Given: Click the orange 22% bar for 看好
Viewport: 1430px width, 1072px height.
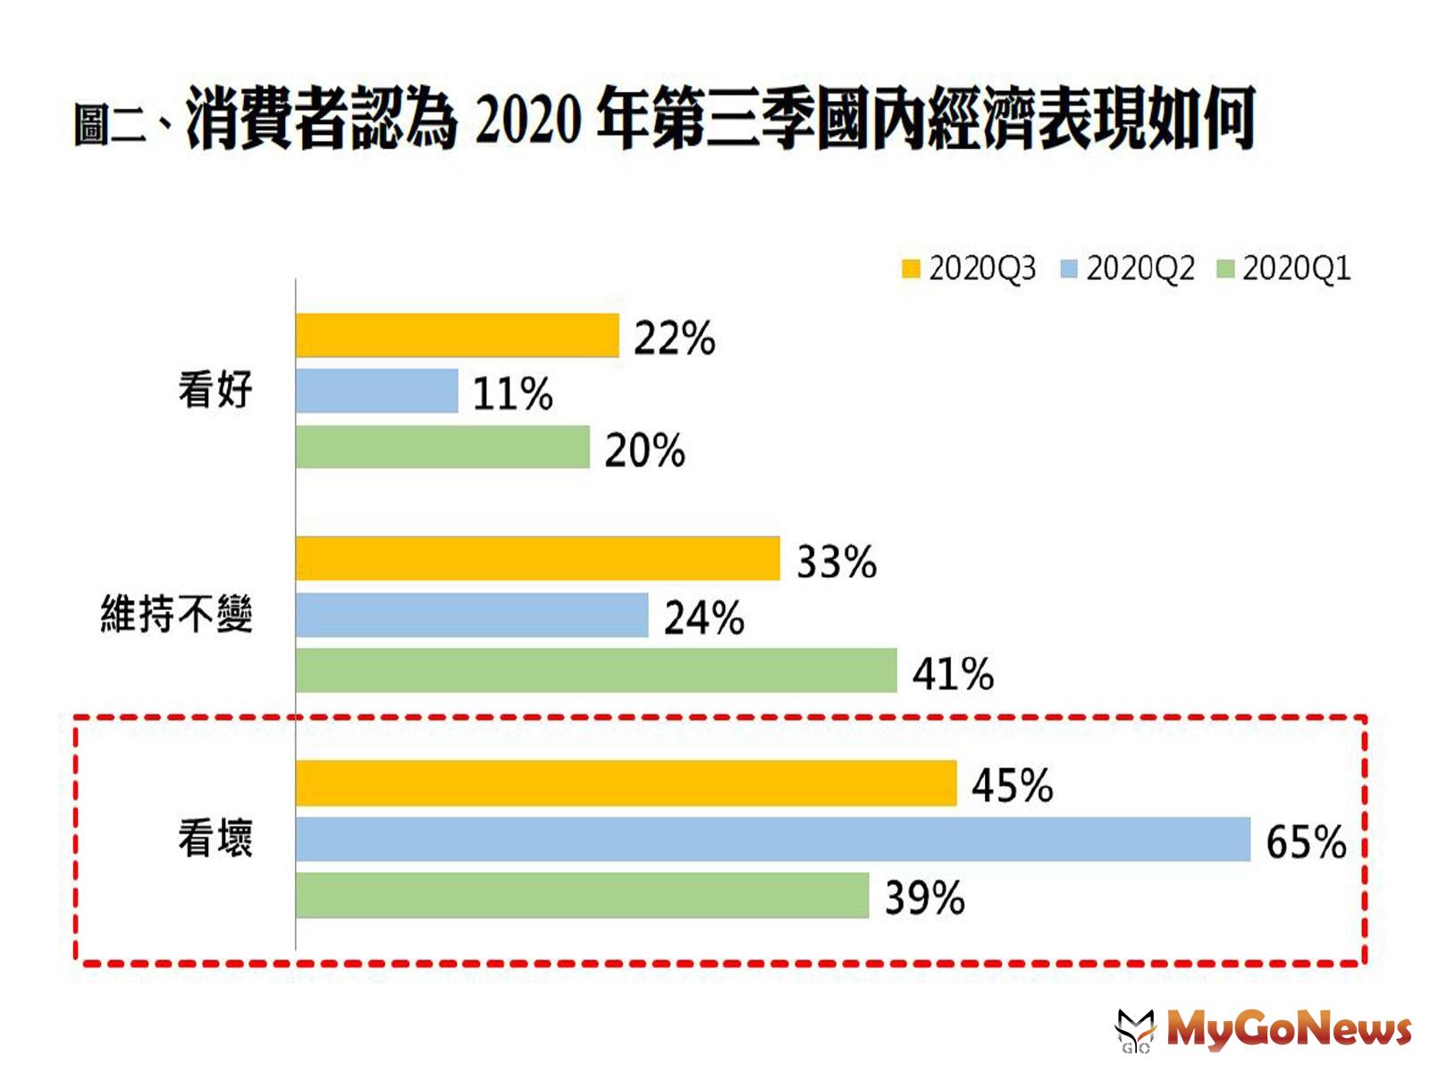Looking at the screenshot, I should [457, 335].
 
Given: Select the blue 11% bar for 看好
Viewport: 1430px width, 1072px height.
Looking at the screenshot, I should [376, 391].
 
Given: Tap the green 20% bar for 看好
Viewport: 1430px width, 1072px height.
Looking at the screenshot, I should [442, 447].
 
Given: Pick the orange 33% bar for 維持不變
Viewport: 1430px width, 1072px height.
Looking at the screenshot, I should [537, 558].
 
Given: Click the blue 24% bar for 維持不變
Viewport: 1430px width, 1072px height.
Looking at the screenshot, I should [472, 615].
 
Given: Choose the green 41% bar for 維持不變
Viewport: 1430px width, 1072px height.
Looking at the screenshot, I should [596, 671].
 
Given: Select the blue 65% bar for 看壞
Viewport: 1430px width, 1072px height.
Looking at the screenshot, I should [772, 839].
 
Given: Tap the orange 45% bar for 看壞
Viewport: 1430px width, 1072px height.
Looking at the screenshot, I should [626, 783].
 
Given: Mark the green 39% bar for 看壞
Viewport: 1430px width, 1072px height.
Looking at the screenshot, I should [582, 895].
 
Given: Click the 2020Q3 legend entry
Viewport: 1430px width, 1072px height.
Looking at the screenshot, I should [969, 268].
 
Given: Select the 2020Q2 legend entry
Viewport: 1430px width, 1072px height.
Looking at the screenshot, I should [1127, 268].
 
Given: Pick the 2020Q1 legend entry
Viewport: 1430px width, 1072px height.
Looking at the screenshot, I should [1284, 268].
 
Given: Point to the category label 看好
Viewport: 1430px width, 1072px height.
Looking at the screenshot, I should [215, 390].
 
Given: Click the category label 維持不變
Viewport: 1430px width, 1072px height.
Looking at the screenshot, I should [177, 615].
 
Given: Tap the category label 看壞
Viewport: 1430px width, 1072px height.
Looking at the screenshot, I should [215, 839].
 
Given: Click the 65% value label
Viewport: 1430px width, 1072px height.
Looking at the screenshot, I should [1305, 842].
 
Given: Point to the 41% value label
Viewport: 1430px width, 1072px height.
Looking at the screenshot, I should [952, 674].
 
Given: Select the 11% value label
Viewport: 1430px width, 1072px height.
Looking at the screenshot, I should [512, 394].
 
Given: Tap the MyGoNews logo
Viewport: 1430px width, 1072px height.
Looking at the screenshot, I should [1265, 1029].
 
